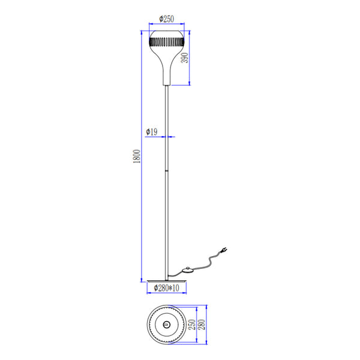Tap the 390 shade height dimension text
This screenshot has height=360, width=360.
click(185, 58)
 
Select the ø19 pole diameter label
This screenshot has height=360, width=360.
click(152, 131)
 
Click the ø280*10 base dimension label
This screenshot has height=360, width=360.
click(166, 289)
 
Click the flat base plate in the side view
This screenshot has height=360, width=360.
click(166, 278)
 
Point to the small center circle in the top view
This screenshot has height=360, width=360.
click(166, 325)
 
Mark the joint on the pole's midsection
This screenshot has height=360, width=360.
click(166, 170)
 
